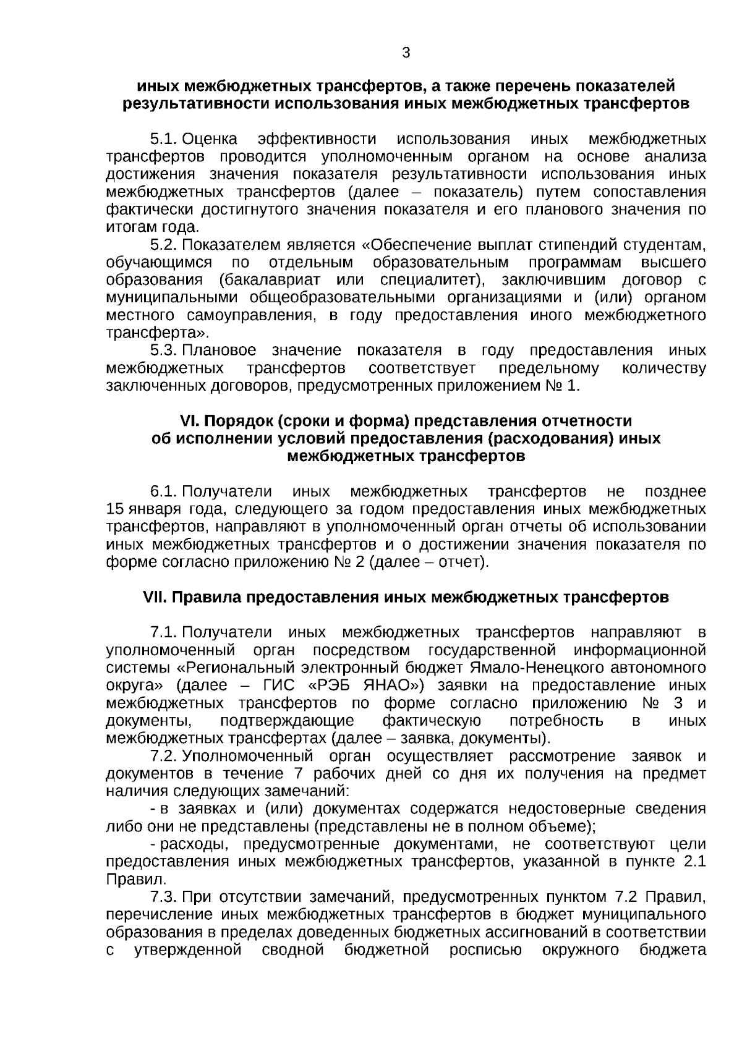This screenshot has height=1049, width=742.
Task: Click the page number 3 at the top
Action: (406, 53)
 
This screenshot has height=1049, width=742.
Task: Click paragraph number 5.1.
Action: (164, 138)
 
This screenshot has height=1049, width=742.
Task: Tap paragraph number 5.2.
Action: (164, 245)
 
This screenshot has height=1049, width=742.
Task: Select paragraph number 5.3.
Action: (164, 351)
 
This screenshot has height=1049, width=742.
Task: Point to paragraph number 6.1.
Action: (164, 492)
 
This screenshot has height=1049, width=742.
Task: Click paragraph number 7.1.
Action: (164, 633)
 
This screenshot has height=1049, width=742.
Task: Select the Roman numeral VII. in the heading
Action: (155, 598)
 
